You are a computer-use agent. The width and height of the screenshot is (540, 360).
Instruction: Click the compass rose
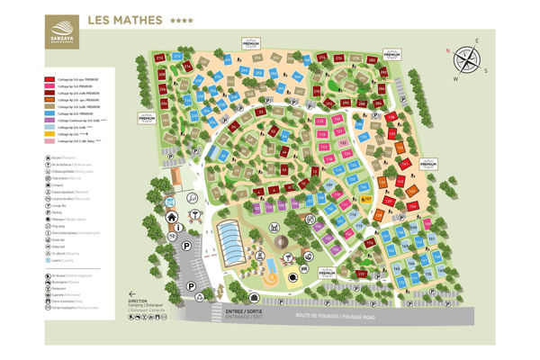pyautogui.click(x=466, y=58)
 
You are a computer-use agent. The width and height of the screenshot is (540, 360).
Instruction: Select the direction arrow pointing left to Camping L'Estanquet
pyautogui.click(x=132, y=294)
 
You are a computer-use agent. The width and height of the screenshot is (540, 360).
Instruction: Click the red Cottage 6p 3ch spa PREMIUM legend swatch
pyautogui.click(x=49, y=79)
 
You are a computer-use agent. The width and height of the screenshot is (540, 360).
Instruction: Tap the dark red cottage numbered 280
pyautogui.click(x=371, y=61)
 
